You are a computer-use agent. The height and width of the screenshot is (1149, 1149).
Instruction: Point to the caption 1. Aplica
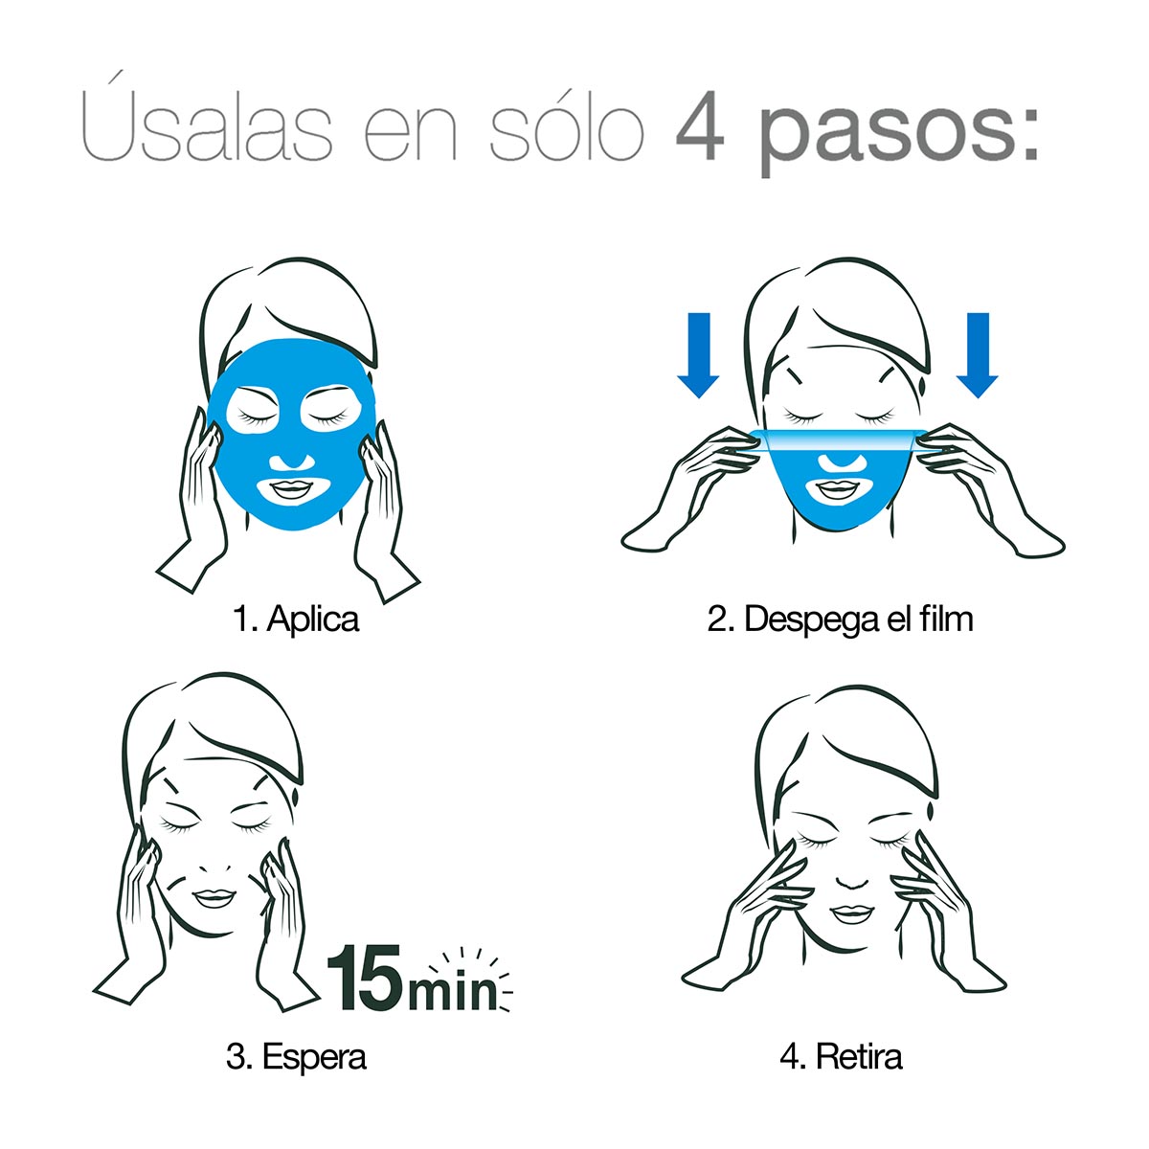coord(296,619)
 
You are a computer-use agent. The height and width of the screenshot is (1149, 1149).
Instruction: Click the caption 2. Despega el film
coord(840,619)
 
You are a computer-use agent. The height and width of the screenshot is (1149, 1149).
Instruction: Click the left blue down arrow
coord(698,355)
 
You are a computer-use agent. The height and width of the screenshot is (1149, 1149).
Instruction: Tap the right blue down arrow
coord(977,355)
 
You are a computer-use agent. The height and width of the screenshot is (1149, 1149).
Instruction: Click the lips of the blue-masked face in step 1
coord(288,490)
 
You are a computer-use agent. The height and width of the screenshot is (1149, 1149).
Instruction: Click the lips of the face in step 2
coord(837,489)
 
